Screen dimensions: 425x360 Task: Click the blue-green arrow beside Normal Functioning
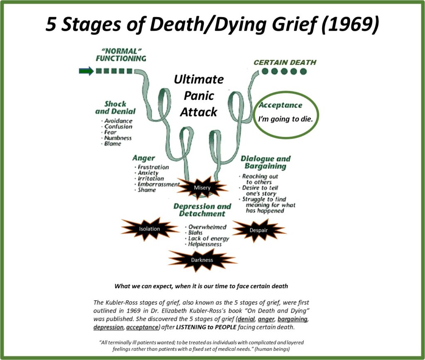click(86, 71)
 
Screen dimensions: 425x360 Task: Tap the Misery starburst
click(202, 187)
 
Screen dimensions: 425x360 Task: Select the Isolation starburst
click(149, 229)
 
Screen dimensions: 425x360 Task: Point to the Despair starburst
click(258, 230)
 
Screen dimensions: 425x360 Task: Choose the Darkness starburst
click(202, 260)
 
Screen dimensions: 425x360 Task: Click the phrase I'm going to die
click(286, 119)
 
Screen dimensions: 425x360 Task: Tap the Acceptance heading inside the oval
click(280, 105)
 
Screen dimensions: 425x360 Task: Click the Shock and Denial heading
click(115, 107)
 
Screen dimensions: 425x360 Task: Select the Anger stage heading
click(144, 158)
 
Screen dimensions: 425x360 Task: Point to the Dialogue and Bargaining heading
click(266, 162)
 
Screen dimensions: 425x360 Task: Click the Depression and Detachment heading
click(202, 210)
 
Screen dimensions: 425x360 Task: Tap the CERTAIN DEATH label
click(285, 62)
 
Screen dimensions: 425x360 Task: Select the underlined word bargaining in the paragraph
click(293, 319)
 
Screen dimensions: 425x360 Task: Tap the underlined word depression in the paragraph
click(108, 327)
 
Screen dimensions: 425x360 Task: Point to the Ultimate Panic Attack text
click(199, 96)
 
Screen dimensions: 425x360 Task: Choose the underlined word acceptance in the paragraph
click(142, 327)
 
